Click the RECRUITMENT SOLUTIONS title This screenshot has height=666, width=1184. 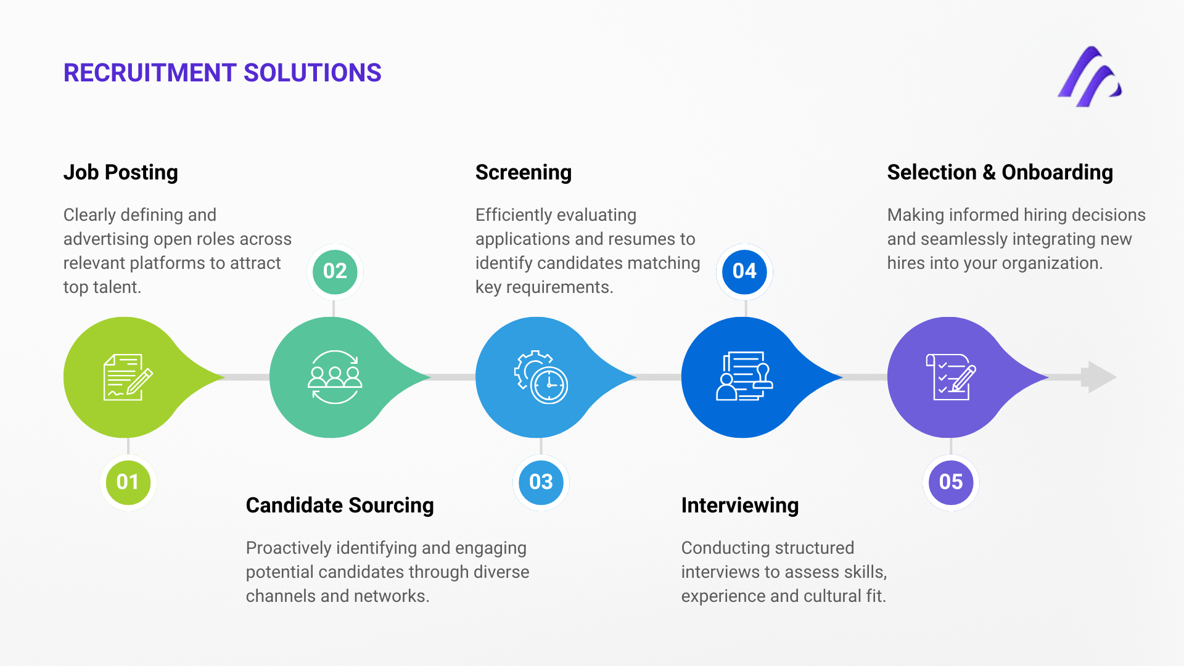coord(222,73)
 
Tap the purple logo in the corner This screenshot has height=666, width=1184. coord(1089,77)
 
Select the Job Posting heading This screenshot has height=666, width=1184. coord(120,172)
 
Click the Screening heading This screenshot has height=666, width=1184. coord(523,172)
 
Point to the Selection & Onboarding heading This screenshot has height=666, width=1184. coord(1000,172)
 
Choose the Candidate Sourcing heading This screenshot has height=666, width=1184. coord(339,505)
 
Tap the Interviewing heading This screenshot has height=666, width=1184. coord(739,505)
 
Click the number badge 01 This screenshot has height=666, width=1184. coord(128,482)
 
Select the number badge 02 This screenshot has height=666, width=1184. coord(334,271)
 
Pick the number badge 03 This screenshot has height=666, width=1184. coord(541,482)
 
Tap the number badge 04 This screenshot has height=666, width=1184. coord(744,271)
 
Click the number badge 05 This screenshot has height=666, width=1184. coord(950,482)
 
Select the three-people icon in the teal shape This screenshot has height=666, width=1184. coord(334,377)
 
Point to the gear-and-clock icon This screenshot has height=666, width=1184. coord(541,377)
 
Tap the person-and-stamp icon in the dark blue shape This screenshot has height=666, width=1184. coord(744,377)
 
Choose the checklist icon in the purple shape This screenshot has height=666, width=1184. coord(950,377)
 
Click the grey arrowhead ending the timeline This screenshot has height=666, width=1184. coord(1101,377)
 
